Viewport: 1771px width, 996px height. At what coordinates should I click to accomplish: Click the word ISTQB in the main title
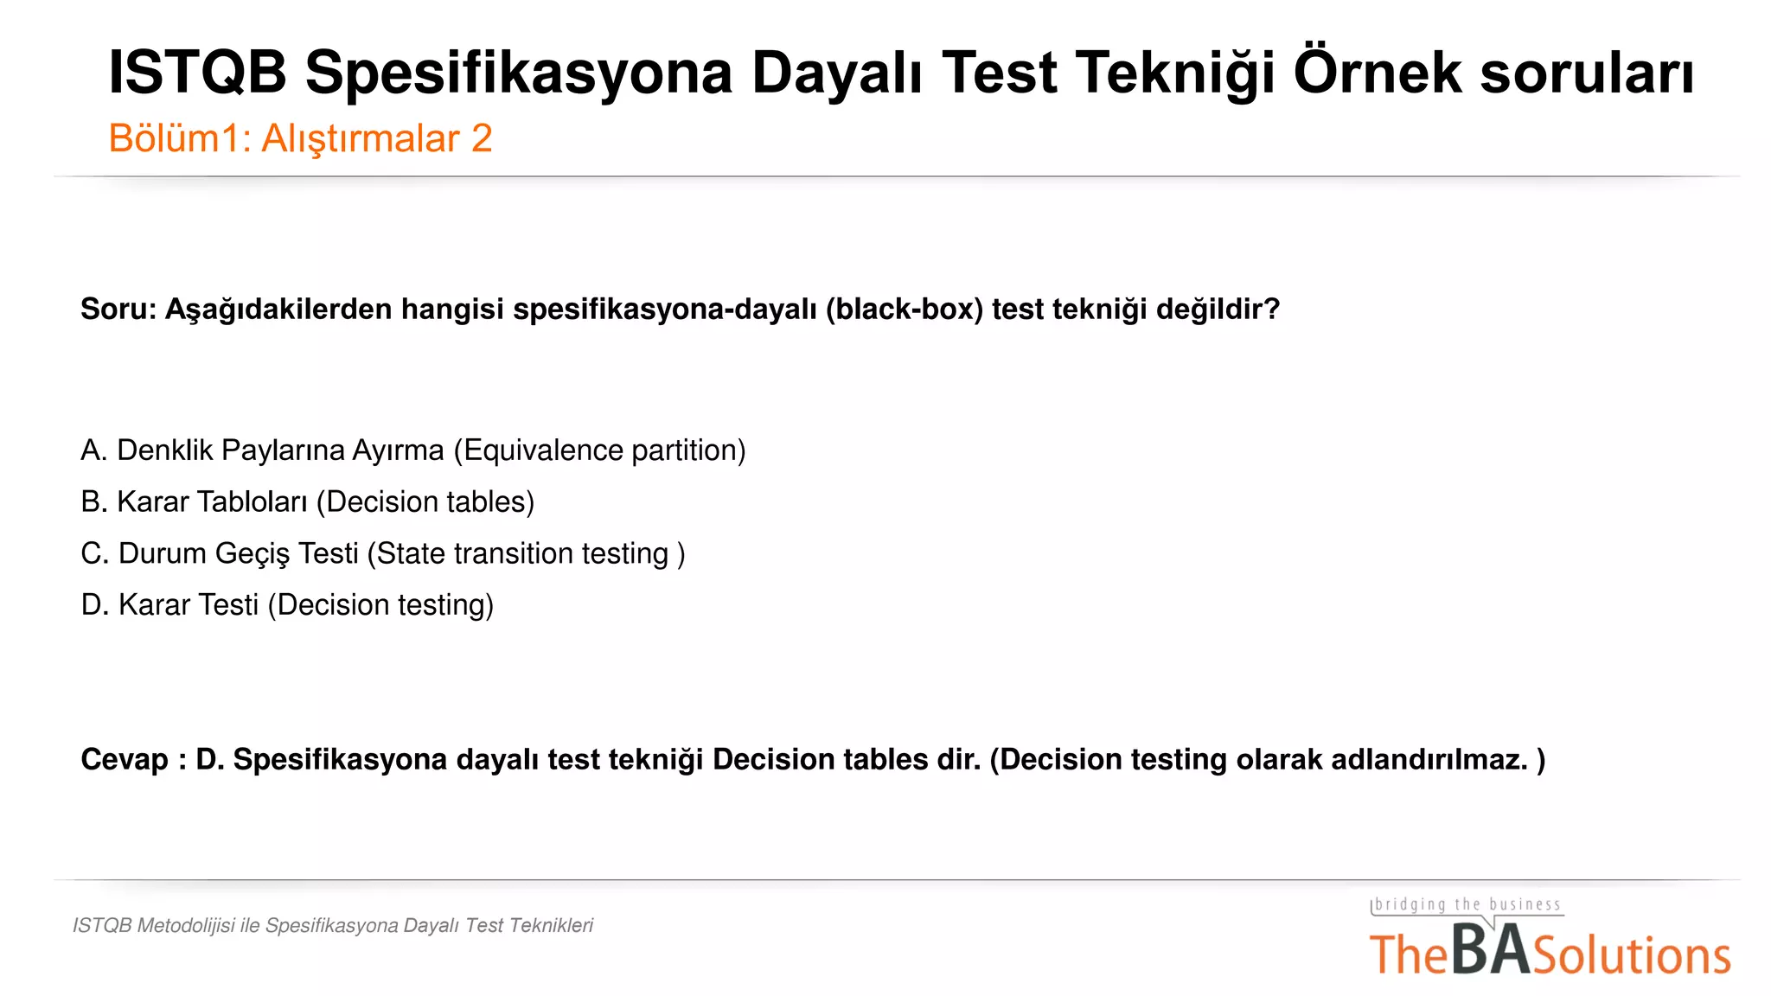(197, 73)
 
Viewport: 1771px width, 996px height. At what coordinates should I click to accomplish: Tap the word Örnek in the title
(1378, 73)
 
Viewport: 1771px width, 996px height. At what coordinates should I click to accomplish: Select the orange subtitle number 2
(482, 138)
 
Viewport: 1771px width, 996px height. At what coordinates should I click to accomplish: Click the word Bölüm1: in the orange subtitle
(179, 138)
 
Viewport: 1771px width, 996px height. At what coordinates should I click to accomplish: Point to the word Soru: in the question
(118, 309)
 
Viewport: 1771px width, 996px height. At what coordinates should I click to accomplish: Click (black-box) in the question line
(905, 309)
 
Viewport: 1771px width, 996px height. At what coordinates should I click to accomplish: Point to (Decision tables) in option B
(425, 502)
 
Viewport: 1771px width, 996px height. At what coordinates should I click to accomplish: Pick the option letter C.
(94, 553)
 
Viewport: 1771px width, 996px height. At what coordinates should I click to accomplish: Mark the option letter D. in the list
(94, 605)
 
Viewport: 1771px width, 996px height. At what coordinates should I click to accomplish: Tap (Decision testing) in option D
(380, 605)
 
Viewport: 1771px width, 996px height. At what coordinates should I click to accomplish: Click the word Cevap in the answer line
(125, 759)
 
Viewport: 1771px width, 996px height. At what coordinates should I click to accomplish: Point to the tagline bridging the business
(1467, 904)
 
